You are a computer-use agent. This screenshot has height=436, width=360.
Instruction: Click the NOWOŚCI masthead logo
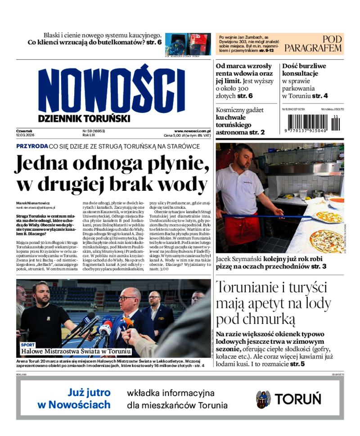(112, 89)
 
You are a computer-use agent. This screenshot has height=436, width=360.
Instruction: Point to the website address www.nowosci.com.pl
(192, 130)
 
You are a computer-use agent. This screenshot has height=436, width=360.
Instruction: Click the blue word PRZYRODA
(32, 146)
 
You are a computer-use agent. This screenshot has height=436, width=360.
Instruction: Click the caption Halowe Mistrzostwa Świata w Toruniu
(76, 351)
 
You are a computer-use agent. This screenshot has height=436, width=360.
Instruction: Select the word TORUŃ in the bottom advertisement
(298, 399)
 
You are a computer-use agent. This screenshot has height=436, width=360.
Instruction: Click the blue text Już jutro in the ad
(89, 393)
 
